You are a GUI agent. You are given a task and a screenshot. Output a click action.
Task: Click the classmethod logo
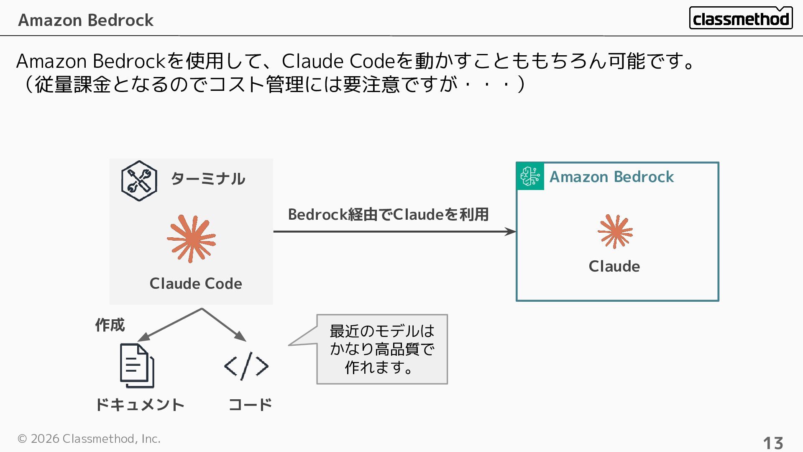[x=740, y=18]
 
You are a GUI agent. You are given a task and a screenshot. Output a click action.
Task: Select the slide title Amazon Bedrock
[x=86, y=20]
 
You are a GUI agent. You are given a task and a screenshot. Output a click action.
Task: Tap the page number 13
[x=773, y=443]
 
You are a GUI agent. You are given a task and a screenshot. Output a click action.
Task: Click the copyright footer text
[x=89, y=439]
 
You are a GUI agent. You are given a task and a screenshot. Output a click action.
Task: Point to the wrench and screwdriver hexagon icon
[x=139, y=181]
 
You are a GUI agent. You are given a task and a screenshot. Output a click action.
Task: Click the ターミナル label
[x=208, y=179]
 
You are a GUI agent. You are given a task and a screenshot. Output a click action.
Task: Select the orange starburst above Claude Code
[x=192, y=239]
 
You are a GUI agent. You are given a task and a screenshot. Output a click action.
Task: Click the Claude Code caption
[x=196, y=283]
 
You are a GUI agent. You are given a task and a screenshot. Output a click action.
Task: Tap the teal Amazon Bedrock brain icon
[x=530, y=176]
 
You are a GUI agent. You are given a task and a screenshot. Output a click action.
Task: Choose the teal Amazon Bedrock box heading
[x=611, y=177]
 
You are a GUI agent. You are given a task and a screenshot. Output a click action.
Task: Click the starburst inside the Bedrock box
[x=615, y=231]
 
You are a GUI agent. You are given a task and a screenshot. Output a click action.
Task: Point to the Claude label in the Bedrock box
[x=614, y=266]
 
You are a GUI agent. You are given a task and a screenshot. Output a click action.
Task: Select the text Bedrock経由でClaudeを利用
[x=388, y=214]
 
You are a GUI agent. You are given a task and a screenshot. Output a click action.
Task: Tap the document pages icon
[x=137, y=365]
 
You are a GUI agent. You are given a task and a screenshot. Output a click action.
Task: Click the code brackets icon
[x=246, y=366]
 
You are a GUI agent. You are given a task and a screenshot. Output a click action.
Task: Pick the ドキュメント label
[x=140, y=405]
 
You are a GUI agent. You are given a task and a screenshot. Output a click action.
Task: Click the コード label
[x=250, y=405]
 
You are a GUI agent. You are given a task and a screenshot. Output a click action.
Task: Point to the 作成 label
[x=110, y=325]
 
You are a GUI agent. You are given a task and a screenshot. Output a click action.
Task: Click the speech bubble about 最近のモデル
[x=382, y=349]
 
